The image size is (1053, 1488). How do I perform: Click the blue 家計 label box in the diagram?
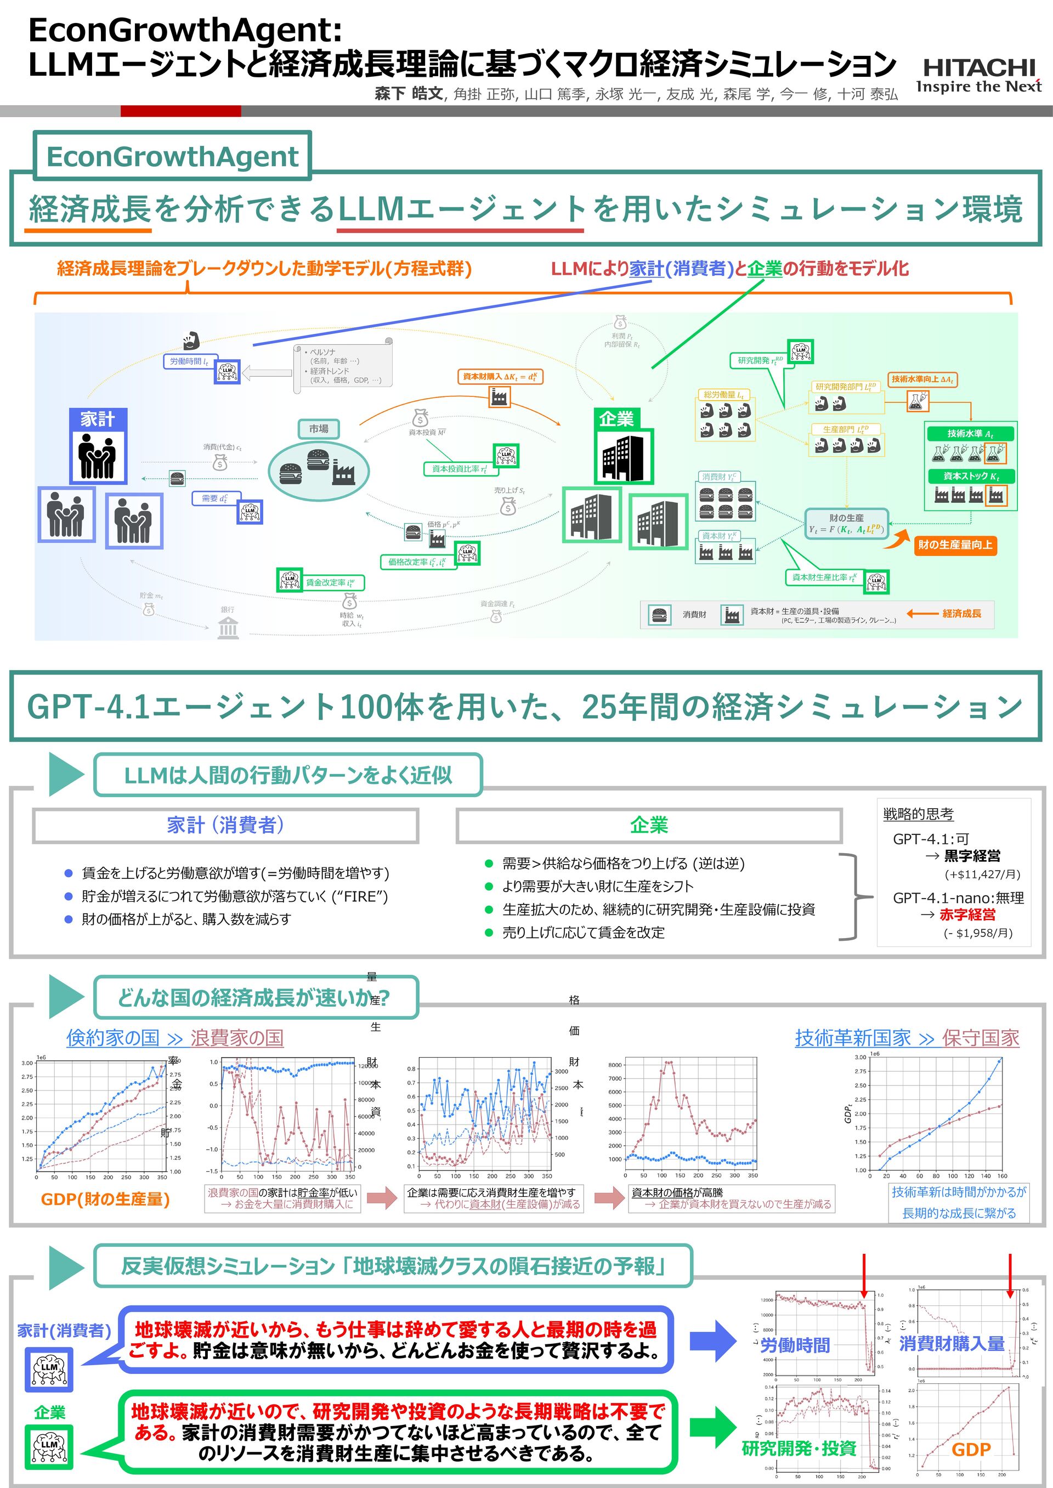click(x=98, y=419)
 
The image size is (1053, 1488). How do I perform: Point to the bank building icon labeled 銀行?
click(x=228, y=627)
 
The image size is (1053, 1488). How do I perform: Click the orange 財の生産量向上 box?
click(x=954, y=544)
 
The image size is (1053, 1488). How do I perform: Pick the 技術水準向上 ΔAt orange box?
click(x=922, y=379)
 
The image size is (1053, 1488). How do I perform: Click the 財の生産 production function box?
click(x=846, y=524)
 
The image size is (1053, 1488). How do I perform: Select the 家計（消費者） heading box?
click(x=225, y=825)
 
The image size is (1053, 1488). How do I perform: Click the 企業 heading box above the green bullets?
click(x=648, y=825)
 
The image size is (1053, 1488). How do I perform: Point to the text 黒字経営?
click(x=972, y=855)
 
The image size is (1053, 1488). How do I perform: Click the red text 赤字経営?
click(x=967, y=915)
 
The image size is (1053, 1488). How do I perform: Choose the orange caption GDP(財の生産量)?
click(x=105, y=1199)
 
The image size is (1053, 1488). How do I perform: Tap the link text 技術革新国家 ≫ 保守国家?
click(x=907, y=1037)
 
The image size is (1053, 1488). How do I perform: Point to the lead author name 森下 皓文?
click(x=409, y=94)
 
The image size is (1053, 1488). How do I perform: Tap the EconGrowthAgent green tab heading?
click(x=172, y=156)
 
